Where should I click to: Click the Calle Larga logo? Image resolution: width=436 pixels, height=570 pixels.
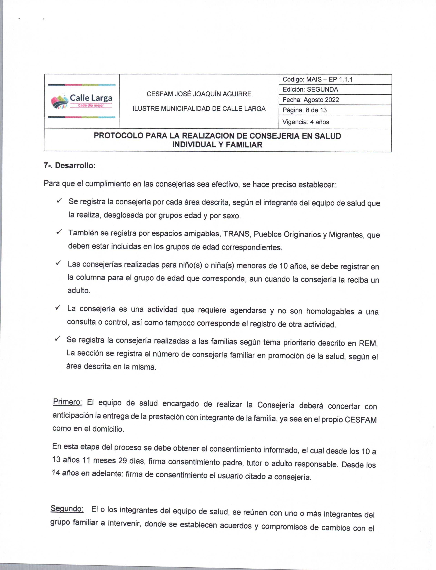pos(82,101)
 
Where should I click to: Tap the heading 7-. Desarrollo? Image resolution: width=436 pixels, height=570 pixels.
pos(70,165)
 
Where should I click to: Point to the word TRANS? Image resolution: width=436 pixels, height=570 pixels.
pos(237,234)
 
